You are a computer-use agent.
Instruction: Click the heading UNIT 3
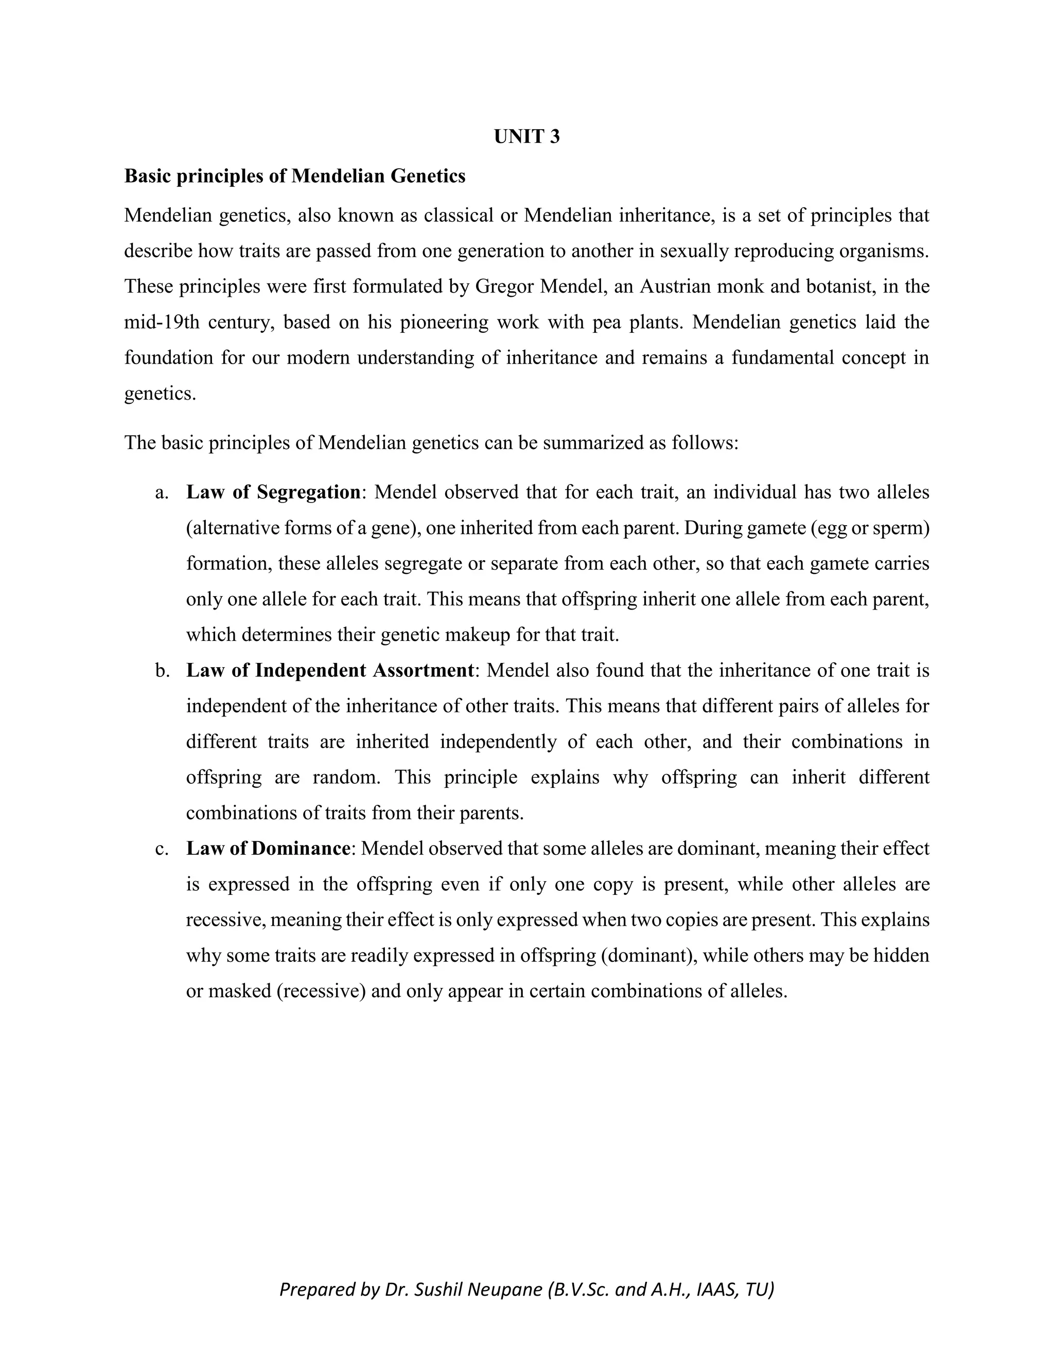[526, 137]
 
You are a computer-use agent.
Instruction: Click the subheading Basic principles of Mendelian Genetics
[295, 176]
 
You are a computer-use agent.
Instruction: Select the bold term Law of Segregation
[273, 492]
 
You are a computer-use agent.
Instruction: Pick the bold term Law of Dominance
[268, 849]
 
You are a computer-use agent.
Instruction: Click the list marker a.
[162, 492]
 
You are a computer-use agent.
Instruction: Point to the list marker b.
[162, 670]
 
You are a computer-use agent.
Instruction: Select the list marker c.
[162, 849]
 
